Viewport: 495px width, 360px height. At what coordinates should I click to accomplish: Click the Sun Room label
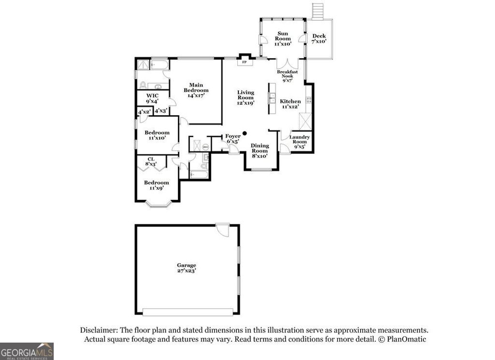click(x=283, y=38)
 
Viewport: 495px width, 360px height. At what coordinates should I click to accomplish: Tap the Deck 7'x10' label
click(x=319, y=39)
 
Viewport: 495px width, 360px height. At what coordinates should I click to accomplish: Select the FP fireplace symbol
click(x=244, y=62)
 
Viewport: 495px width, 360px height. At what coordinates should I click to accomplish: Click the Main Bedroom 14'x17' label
click(x=199, y=90)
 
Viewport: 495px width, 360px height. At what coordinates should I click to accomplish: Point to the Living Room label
click(x=246, y=97)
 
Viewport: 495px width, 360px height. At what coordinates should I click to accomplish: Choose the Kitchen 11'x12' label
click(x=291, y=104)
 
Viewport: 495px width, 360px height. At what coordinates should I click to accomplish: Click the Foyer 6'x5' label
click(x=233, y=139)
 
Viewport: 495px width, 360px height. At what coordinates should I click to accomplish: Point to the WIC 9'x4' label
click(x=152, y=98)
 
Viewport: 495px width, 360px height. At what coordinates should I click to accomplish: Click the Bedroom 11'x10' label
click(x=157, y=135)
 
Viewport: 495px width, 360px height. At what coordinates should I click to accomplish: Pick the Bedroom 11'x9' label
click(x=157, y=185)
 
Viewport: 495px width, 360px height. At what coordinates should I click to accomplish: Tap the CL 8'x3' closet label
click(x=151, y=161)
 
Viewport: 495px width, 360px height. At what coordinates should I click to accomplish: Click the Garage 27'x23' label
click(x=186, y=268)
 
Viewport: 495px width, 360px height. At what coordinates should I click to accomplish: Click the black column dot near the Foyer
click(x=245, y=133)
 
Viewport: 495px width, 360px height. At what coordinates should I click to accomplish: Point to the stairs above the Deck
click(x=318, y=11)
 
